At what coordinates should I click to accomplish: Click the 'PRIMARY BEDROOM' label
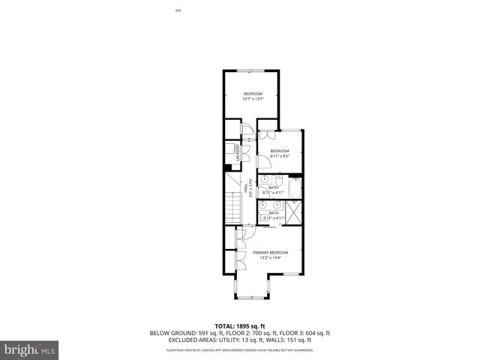(x=271, y=253)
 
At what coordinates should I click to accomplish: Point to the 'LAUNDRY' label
(x=237, y=152)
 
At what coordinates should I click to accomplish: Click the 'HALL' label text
(x=246, y=190)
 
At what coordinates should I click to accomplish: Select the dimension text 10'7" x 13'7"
(x=253, y=99)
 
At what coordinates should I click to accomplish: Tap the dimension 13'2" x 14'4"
(x=271, y=259)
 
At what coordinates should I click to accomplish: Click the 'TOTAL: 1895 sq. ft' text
(x=240, y=325)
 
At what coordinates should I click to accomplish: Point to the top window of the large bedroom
(x=250, y=70)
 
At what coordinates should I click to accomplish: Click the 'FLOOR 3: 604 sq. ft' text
(x=306, y=333)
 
